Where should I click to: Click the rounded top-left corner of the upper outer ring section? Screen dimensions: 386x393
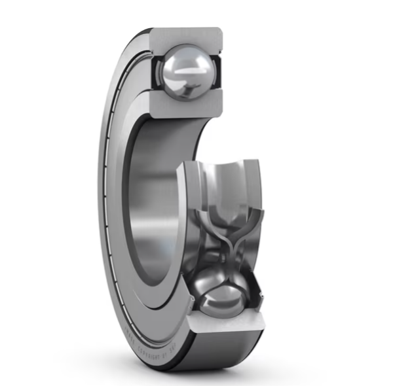click(x=156, y=31)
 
